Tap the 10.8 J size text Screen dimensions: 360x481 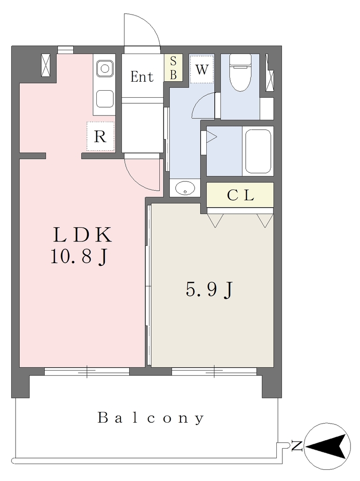click(x=78, y=256)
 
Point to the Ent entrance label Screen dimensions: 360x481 click(x=142, y=77)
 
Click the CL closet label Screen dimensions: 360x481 click(x=240, y=195)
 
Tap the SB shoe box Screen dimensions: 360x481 click(x=173, y=68)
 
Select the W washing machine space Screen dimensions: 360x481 click(x=202, y=69)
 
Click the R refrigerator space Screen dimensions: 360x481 click(x=101, y=136)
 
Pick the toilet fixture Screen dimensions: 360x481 click(x=241, y=72)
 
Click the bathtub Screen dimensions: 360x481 click(x=258, y=151)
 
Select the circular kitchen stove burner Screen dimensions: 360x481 click(x=105, y=69)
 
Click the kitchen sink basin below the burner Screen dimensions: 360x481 click(x=105, y=99)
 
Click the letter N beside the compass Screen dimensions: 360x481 click(x=297, y=445)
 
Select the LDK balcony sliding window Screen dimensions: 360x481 click(x=87, y=372)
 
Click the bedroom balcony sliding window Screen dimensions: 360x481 click(x=214, y=372)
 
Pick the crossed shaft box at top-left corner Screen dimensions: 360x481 click(x=46, y=65)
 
